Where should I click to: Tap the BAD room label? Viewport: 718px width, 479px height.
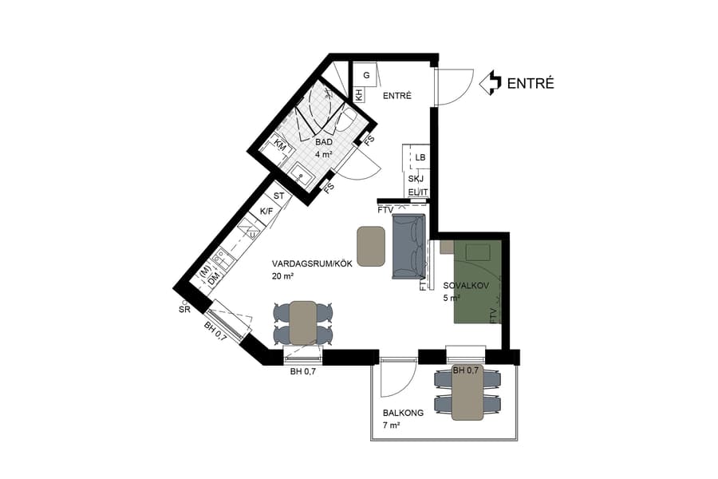coord(323,142)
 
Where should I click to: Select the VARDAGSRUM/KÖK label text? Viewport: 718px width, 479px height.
coord(306,263)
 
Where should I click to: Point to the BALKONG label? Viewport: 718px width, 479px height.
coord(402,414)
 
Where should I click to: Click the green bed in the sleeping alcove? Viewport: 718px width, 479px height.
coord(478,281)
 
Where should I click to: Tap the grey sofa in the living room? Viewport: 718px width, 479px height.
coord(410,247)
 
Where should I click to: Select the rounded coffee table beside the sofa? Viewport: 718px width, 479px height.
coord(371,246)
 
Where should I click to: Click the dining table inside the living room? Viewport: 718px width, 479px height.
coord(303,323)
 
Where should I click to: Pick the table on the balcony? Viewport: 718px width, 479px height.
coord(467,394)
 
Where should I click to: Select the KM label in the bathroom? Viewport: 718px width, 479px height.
coord(280,144)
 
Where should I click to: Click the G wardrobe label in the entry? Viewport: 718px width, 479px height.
coord(366,75)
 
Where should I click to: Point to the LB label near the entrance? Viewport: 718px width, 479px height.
coord(420,157)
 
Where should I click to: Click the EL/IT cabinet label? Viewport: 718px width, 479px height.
coord(418,192)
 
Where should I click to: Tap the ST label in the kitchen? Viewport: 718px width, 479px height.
coord(279,196)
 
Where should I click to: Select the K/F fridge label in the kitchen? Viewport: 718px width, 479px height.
coord(266,211)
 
